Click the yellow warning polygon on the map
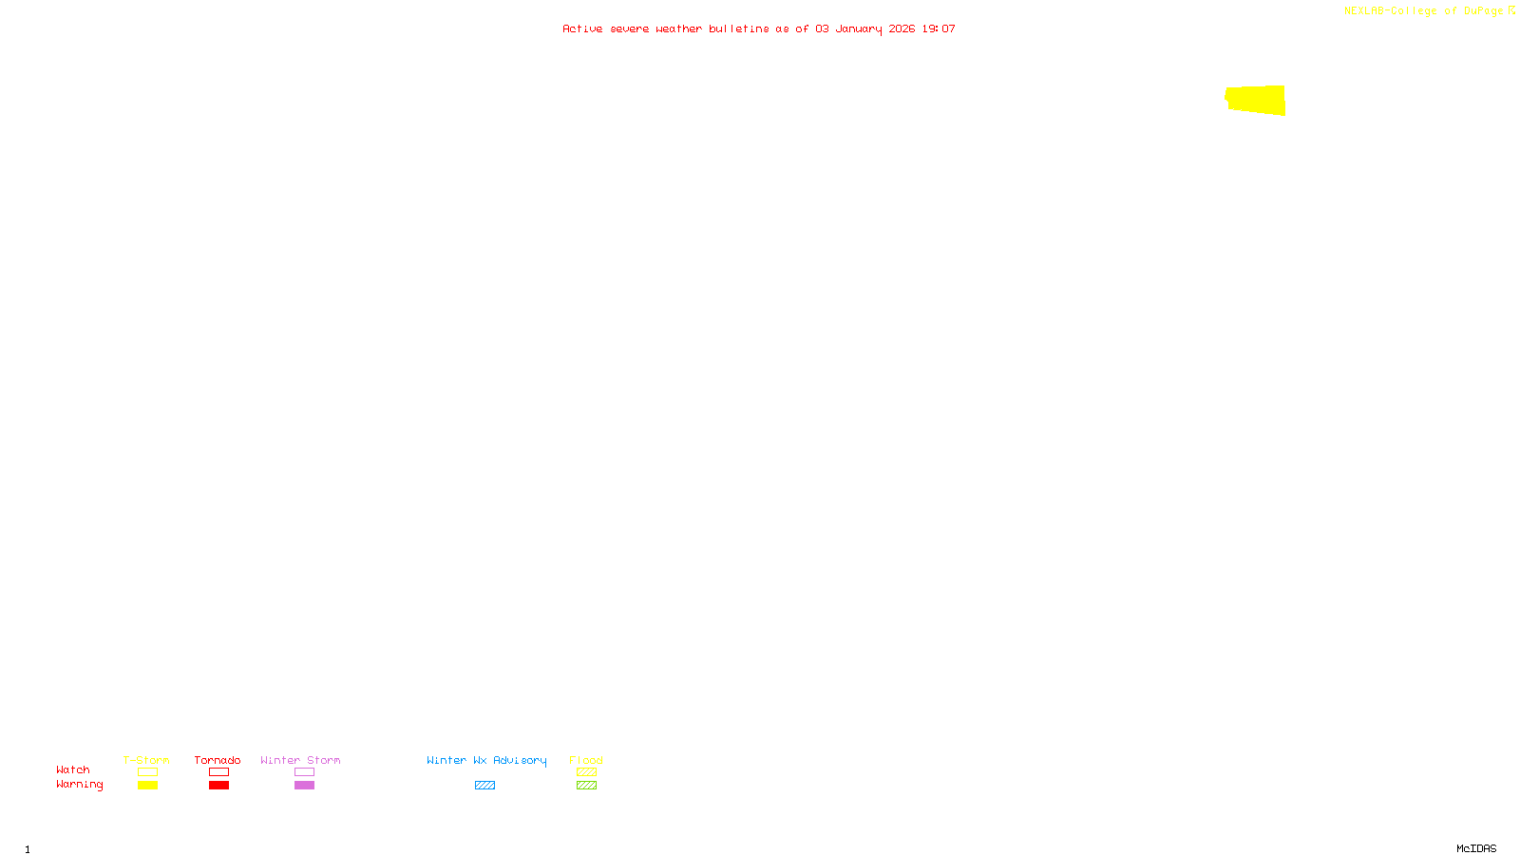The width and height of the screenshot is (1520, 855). click(x=1256, y=100)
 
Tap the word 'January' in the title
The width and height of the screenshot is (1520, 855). click(x=858, y=28)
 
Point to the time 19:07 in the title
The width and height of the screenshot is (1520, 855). click(x=939, y=28)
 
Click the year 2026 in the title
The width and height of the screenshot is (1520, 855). click(x=902, y=28)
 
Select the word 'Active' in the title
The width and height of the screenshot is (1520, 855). click(x=582, y=28)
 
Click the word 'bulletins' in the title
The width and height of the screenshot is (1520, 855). click(x=738, y=28)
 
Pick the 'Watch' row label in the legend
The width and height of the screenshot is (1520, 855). click(x=73, y=769)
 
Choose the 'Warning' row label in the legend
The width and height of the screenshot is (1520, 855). click(x=79, y=785)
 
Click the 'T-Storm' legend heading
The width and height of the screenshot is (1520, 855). click(x=146, y=760)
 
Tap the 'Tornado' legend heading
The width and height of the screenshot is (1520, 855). click(x=218, y=760)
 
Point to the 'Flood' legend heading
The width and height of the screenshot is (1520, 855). click(x=586, y=760)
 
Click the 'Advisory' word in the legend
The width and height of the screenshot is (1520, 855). click(x=520, y=760)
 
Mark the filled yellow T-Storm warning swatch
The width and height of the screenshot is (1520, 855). click(x=147, y=786)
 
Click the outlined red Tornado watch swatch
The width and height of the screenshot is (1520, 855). click(x=218, y=772)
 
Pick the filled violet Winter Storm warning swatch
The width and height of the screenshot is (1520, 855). click(x=304, y=786)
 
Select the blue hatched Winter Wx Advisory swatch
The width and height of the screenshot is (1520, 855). click(x=484, y=786)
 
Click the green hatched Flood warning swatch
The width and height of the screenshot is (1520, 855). click(x=586, y=786)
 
